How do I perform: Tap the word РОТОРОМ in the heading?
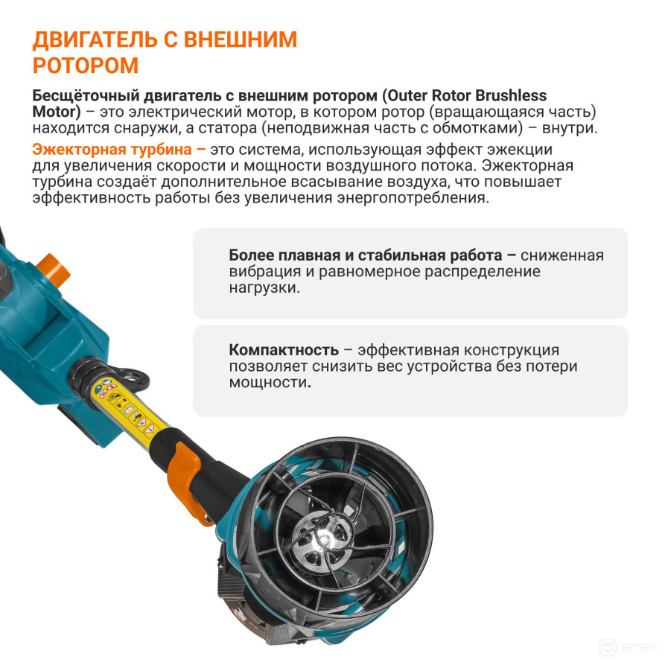(x=86, y=66)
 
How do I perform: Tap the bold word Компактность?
(x=284, y=350)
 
